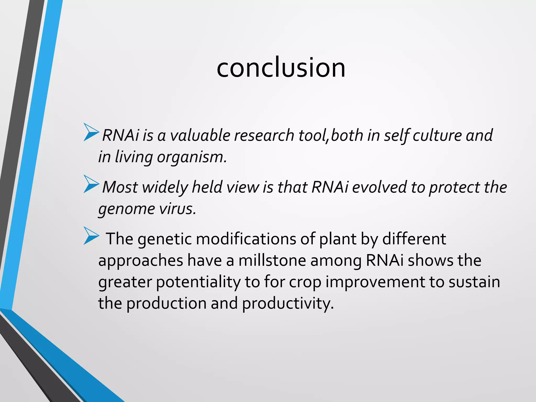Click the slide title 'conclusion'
pyautogui.click(x=281, y=68)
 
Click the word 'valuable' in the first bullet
pyautogui.click(x=200, y=136)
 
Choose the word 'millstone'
pyautogui.click(x=272, y=261)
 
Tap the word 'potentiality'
pyautogui.click(x=198, y=282)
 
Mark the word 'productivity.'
pyautogui.click(x=288, y=304)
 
